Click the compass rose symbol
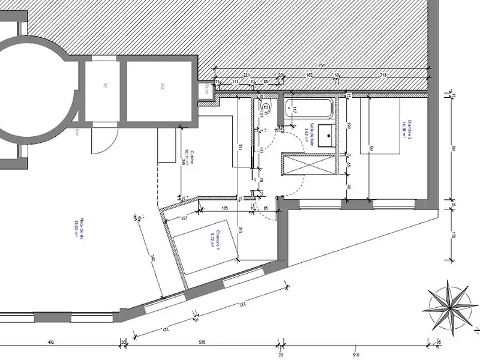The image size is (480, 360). (450, 306)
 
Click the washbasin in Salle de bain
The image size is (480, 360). (326, 134)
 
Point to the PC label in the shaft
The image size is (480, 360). (105, 86)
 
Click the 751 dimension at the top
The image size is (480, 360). (322, 65)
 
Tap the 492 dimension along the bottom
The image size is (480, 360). (51, 343)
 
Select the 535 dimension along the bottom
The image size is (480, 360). (202, 343)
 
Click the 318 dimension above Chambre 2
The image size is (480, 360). (383, 75)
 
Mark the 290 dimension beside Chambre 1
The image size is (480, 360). (152, 257)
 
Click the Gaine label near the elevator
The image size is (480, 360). (206, 88)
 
